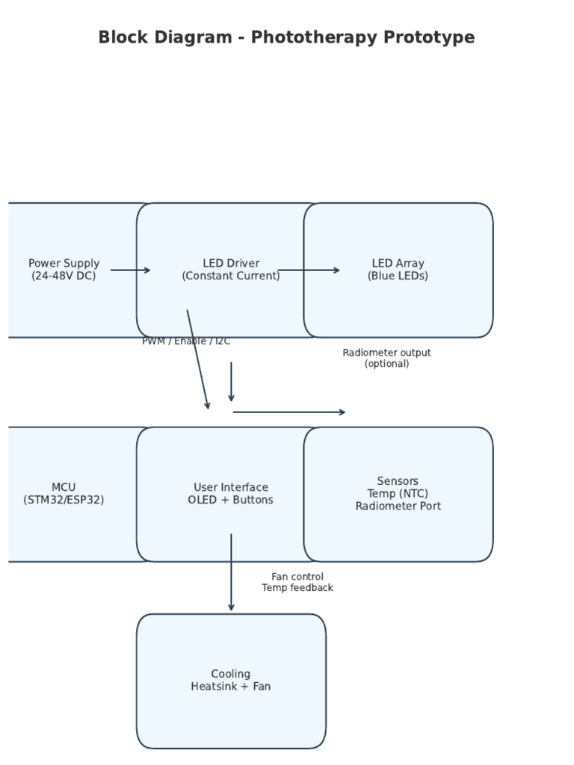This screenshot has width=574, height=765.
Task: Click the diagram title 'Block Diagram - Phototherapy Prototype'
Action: (286, 37)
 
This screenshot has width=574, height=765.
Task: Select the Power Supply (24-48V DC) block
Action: (64, 299)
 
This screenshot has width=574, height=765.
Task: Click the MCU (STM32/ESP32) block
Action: (64, 523)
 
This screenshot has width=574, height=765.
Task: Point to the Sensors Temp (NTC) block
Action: (398, 530)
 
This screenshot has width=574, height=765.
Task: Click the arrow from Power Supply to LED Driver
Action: (130, 270)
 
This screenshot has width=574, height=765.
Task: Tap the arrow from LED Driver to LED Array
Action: (309, 270)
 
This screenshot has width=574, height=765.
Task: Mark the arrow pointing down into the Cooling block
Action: (231, 572)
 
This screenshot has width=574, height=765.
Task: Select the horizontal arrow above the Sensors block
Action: (289, 412)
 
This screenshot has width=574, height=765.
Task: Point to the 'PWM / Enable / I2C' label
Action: (186, 341)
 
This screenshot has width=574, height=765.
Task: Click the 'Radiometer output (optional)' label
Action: (386, 358)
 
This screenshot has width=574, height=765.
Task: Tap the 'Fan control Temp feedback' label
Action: (297, 582)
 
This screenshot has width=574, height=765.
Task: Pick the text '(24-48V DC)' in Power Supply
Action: (64, 276)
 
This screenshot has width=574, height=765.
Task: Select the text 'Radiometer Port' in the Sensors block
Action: (398, 507)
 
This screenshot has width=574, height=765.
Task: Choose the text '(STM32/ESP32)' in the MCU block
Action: (64, 501)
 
